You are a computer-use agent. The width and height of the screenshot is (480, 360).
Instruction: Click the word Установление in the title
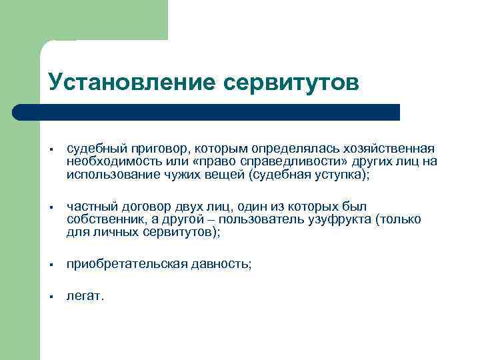pyautogui.click(x=131, y=83)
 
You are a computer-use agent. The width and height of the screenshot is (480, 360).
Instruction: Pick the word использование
pyautogui.click(x=110, y=175)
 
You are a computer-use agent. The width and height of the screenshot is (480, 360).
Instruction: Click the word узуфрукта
pyautogui.click(x=341, y=219)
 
